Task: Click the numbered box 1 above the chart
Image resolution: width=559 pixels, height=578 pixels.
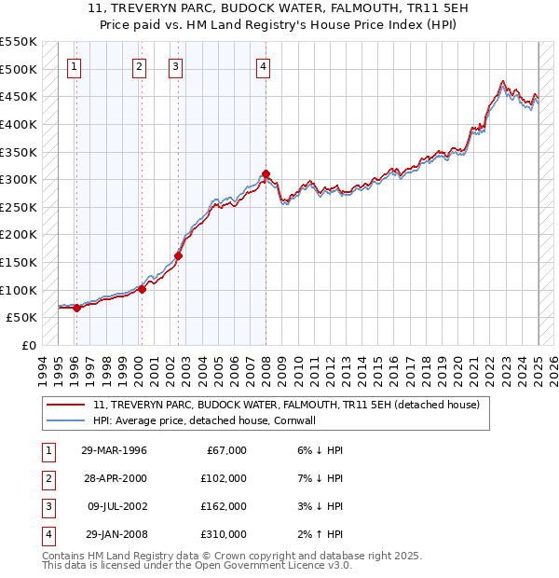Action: (x=74, y=66)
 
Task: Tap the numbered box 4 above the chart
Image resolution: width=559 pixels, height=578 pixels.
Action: (x=265, y=66)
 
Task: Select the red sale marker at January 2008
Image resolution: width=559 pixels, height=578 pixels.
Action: (x=266, y=173)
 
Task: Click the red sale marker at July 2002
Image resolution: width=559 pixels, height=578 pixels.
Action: (x=177, y=255)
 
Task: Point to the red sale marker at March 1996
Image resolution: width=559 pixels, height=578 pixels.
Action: (x=77, y=308)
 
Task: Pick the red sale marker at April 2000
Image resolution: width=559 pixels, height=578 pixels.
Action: (x=143, y=289)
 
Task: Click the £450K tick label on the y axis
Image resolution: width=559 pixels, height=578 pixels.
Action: (x=19, y=96)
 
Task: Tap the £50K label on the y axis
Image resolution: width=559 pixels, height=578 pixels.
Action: (x=22, y=318)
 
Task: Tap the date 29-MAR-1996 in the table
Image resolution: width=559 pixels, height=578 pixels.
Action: (x=114, y=450)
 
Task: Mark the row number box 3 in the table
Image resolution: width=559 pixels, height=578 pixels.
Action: (x=46, y=506)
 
